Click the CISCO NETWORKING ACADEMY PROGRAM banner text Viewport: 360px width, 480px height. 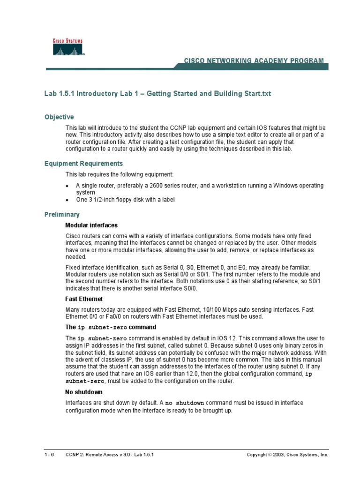click(253, 61)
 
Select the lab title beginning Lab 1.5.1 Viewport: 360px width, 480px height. click(157, 94)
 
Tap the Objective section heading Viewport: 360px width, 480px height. click(59, 117)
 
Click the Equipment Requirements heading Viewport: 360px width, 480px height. click(83, 164)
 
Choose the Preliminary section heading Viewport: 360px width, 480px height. click(62, 214)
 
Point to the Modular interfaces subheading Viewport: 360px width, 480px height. click(91, 225)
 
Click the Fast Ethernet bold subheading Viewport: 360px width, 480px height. click(83, 299)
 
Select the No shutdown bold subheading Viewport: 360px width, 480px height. click(83, 391)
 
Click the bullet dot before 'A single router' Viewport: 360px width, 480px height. click(68, 186)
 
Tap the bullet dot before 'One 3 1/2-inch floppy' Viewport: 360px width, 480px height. click(68, 200)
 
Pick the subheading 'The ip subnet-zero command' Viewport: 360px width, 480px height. click(110, 327)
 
